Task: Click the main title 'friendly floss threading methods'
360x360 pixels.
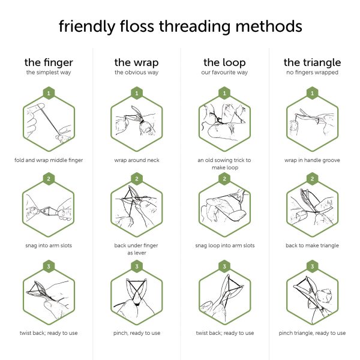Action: pyautogui.click(x=180, y=26)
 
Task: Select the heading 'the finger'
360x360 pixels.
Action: pyautogui.click(x=48, y=62)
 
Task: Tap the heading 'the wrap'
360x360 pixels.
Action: pyautogui.click(x=136, y=62)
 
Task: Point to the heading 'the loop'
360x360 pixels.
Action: pyautogui.click(x=224, y=62)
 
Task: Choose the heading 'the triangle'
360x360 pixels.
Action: pyautogui.click(x=312, y=62)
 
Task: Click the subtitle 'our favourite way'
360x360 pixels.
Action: pyautogui.click(x=224, y=73)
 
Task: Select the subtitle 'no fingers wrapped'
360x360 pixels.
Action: pyautogui.click(x=312, y=73)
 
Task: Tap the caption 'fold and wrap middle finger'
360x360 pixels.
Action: pyautogui.click(x=48, y=160)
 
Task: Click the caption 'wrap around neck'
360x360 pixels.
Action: pyautogui.click(x=136, y=160)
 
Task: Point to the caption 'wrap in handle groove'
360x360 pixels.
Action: pyautogui.click(x=312, y=160)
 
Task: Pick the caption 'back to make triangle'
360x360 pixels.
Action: pyautogui.click(x=312, y=246)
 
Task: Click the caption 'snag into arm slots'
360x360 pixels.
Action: pyautogui.click(x=48, y=246)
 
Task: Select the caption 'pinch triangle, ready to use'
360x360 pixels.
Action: pyautogui.click(x=312, y=333)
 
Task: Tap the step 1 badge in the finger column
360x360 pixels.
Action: pyautogui.click(x=48, y=93)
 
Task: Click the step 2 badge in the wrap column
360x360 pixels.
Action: pyautogui.click(x=136, y=179)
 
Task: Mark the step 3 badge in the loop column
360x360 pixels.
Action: pyautogui.click(x=224, y=266)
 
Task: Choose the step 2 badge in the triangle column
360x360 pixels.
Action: pyautogui.click(x=312, y=179)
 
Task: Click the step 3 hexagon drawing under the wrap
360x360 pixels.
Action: pyautogui.click(x=136, y=297)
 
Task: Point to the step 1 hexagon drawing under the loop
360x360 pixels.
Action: pyautogui.click(x=224, y=123)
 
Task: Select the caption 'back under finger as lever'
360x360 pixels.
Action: pyautogui.click(x=136, y=250)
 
